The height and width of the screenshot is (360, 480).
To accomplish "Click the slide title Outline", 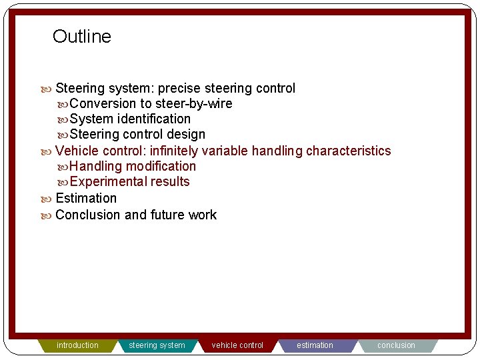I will [82, 37].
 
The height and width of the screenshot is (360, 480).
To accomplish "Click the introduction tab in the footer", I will [77, 345].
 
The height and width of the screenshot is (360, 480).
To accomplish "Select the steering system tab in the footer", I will [157, 345].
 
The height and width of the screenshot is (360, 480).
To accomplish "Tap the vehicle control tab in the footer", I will [237, 345].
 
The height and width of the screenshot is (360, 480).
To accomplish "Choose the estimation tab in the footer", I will [315, 345].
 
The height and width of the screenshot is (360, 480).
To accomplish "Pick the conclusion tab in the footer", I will [396, 345].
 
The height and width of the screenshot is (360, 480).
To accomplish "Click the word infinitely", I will [174, 151].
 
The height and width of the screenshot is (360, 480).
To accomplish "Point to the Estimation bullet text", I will [86, 199].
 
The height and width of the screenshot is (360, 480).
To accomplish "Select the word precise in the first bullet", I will [179, 89].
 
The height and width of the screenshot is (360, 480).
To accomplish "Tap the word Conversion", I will [103, 104].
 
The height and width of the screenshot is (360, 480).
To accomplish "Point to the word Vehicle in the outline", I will [77, 151].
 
